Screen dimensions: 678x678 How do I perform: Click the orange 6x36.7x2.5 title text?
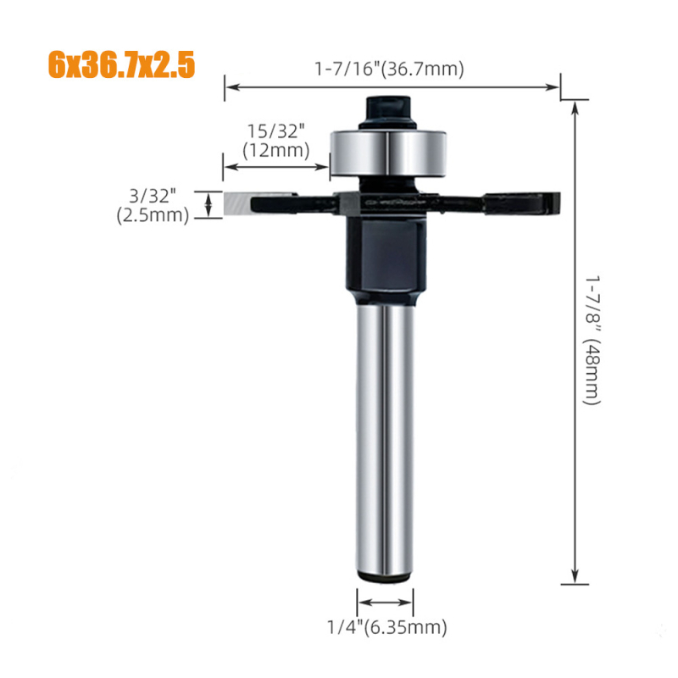[x=121, y=65]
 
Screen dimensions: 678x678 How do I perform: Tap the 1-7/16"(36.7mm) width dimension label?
[x=389, y=69]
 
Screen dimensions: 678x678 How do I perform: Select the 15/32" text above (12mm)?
[x=276, y=131]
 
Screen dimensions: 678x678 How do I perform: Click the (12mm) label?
[x=276, y=151]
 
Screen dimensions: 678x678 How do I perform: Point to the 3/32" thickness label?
[x=153, y=196]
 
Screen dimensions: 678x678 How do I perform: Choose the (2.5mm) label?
[x=153, y=215]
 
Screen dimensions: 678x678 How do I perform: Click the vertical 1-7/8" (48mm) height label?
[x=592, y=340]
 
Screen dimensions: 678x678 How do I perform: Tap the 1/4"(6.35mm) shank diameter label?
[x=387, y=627]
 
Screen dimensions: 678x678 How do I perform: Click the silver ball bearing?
[x=388, y=153]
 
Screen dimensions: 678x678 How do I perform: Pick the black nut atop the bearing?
[x=388, y=112]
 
